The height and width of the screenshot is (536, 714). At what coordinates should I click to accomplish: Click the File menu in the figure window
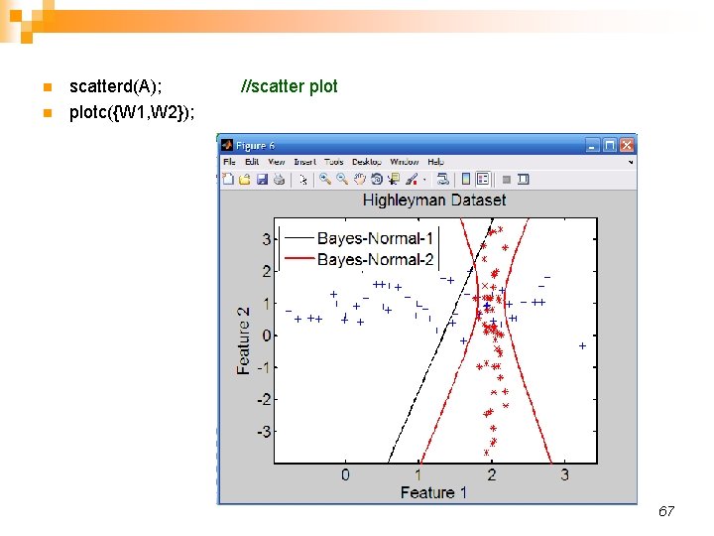tap(229, 162)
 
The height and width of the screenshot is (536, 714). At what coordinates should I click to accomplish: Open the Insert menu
tap(304, 162)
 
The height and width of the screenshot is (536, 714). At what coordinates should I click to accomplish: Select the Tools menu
tap(334, 162)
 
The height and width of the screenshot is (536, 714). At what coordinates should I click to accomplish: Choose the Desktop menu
tap(367, 162)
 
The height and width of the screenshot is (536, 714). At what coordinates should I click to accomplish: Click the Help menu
tap(435, 162)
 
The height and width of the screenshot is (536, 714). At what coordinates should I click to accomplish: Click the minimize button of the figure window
tap(593, 145)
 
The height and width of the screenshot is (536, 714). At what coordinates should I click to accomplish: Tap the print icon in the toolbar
tap(280, 180)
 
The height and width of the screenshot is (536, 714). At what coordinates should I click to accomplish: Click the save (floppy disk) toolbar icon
tap(263, 180)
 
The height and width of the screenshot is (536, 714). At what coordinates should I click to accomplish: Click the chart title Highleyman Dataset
tap(434, 200)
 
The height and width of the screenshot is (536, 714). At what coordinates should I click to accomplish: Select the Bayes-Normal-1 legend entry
tap(375, 238)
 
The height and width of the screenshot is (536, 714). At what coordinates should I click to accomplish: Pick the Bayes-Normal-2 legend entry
tap(375, 259)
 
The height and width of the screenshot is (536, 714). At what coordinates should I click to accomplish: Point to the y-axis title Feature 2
tap(244, 339)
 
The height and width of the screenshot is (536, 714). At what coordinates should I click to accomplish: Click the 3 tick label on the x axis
tap(564, 474)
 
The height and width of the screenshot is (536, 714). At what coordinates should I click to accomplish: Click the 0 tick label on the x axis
tap(345, 474)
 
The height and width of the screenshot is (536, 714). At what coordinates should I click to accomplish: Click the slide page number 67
tap(666, 511)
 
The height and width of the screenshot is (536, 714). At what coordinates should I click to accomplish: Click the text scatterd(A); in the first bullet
tap(116, 86)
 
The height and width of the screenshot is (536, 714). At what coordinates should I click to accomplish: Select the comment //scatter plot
tap(290, 86)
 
